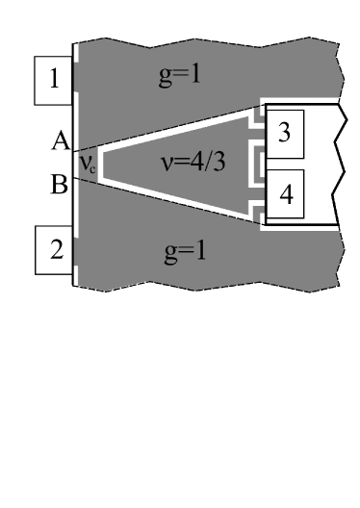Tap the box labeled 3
click(284, 136)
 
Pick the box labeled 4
click(284, 192)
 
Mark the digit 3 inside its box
click(284, 136)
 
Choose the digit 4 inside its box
click(284, 192)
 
